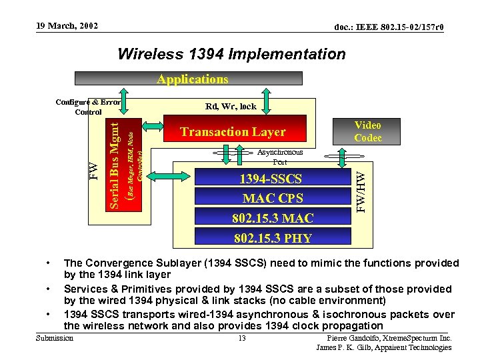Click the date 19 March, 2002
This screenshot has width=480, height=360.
coord(66,26)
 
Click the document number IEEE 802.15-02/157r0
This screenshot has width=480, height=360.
coord(389,27)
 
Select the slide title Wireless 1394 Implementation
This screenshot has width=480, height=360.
coord(231,54)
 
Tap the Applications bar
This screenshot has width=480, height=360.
coord(192,79)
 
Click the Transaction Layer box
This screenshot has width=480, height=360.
coord(233,132)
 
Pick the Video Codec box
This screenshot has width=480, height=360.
coord(367,131)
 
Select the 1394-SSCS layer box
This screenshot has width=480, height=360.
coord(271,179)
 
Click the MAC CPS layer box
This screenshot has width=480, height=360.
coord(272,198)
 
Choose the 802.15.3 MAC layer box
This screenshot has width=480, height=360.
coord(272,217)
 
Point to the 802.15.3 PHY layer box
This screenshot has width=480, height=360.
coord(272,237)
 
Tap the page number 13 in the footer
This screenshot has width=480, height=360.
coord(242,338)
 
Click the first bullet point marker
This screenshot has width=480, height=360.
coord(49,263)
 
